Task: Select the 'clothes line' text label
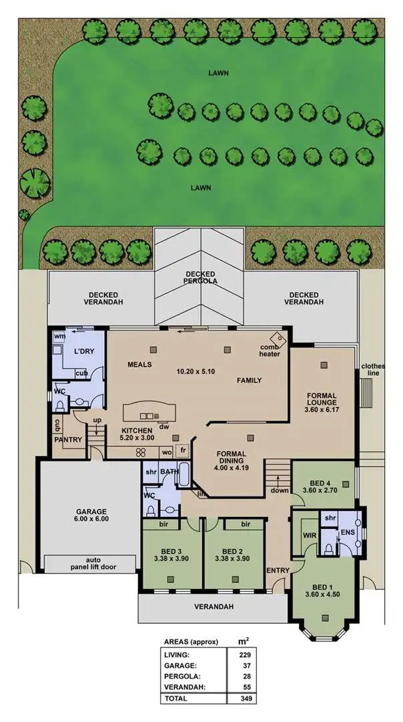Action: (370, 370)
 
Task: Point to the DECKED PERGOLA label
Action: (200, 278)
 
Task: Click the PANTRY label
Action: (68, 439)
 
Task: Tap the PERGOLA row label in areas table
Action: (181, 676)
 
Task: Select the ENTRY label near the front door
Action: (277, 570)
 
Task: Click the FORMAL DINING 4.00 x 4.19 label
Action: (232, 458)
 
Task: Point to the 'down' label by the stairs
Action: (279, 490)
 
